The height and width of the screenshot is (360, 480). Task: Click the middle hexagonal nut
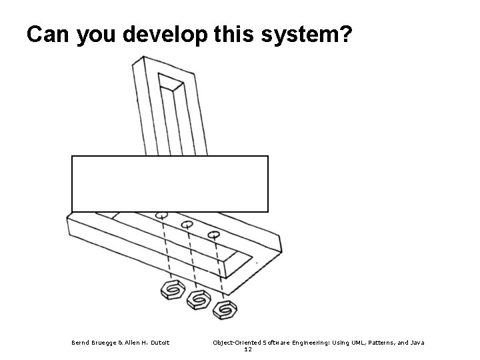[198, 301]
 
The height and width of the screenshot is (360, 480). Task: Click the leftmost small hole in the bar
[161, 215]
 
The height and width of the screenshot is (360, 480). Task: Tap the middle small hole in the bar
[187, 225]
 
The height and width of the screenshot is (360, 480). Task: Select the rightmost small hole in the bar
[213, 234]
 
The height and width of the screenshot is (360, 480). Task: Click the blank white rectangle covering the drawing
[169, 183]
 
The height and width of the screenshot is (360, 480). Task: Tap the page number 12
[248, 349]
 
